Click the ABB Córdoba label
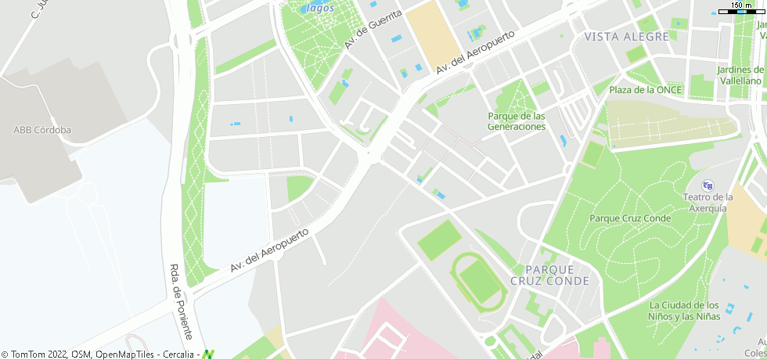42,130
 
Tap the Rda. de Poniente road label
180,301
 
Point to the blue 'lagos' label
321,9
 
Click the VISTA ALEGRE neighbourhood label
627,37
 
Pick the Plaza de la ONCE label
646,90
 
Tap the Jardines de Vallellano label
740,75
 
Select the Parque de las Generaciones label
516,121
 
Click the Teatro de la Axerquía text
708,203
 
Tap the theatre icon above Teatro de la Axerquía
708,185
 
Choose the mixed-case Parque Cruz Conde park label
630,218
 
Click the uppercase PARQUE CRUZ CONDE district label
549,275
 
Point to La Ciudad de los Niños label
684,311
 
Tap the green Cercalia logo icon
208,355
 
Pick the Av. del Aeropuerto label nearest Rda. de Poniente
270,251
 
